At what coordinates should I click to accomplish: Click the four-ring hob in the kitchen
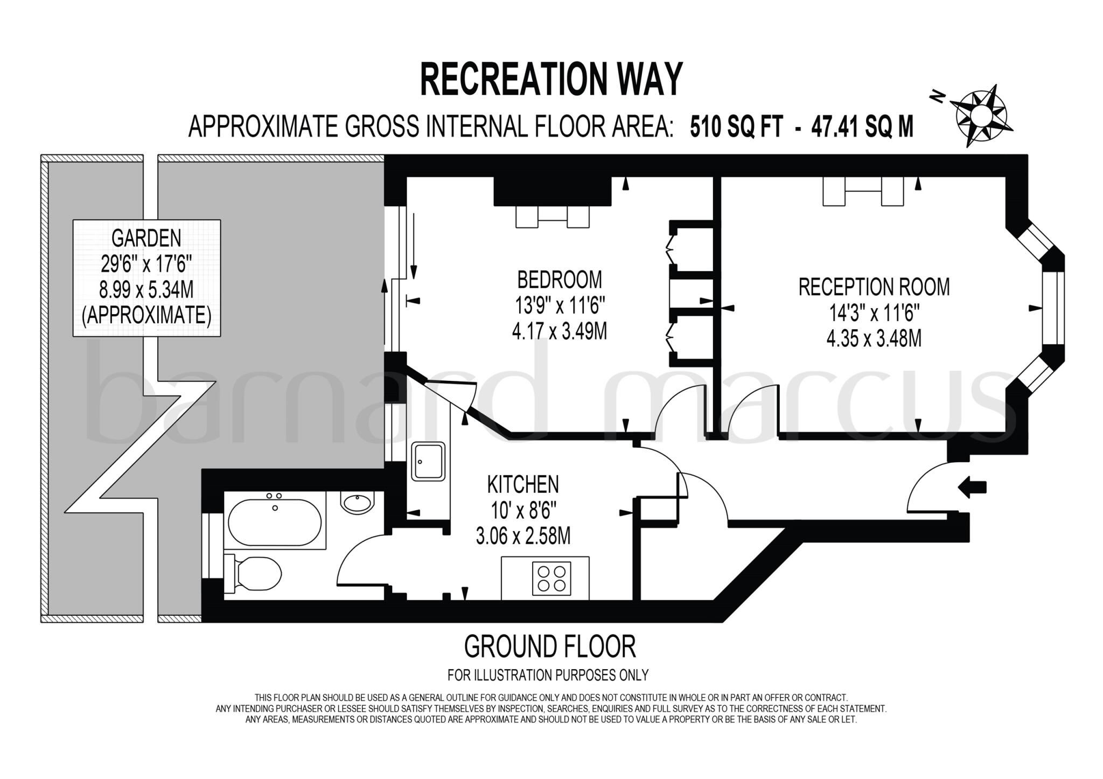(x=551, y=579)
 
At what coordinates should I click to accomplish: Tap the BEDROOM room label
(x=560, y=280)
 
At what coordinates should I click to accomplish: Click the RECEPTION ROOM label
(x=874, y=287)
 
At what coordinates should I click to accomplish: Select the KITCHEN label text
(x=523, y=484)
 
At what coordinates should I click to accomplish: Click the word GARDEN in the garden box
(x=146, y=238)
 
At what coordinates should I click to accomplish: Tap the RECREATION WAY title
(x=551, y=79)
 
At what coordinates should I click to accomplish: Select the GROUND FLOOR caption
(x=550, y=646)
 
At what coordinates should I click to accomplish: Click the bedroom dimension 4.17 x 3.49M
(x=560, y=331)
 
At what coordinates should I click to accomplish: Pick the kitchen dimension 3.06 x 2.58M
(x=523, y=536)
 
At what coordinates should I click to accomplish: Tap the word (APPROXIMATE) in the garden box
(x=146, y=316)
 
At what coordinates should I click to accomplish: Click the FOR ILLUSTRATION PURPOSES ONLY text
(x=548, y=674)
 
